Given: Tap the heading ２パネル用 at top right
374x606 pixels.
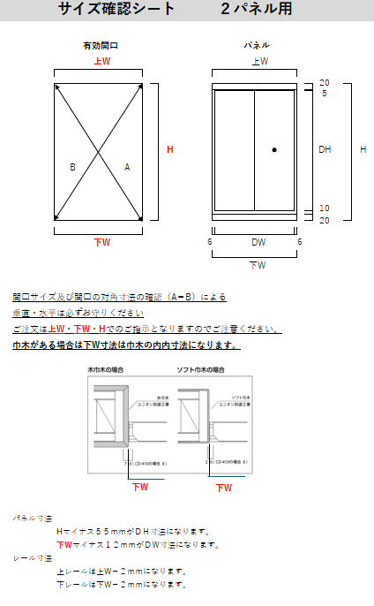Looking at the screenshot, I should point(257,11).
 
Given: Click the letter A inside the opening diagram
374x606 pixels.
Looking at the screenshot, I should point(127,166).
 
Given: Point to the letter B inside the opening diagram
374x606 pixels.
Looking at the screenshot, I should point(72,166).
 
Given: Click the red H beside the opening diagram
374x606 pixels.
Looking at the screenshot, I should point(170,150).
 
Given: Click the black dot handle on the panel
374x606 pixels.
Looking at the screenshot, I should point(274,150).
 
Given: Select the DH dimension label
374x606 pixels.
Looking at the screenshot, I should point(325,150).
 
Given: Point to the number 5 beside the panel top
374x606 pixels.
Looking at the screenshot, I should point(324,93).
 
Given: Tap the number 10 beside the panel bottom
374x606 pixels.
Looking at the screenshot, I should point(324,208).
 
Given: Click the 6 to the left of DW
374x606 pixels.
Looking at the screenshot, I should point(210,241).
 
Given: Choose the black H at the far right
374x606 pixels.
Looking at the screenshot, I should point(363,150).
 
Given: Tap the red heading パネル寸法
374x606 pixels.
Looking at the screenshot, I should point(33,518).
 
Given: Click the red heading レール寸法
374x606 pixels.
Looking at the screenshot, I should point(33,557).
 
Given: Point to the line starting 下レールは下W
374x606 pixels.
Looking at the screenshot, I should point(119,585).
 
